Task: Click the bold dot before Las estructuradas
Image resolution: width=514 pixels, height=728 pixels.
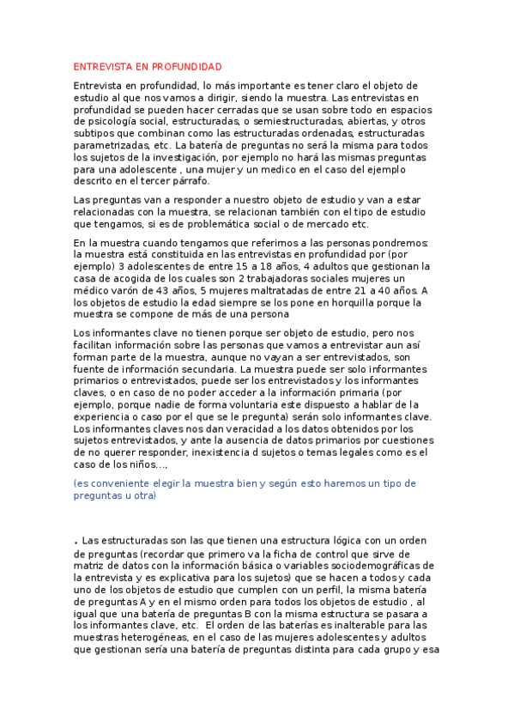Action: click(76, 543)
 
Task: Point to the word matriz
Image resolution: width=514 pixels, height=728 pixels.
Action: click(88, 566)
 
